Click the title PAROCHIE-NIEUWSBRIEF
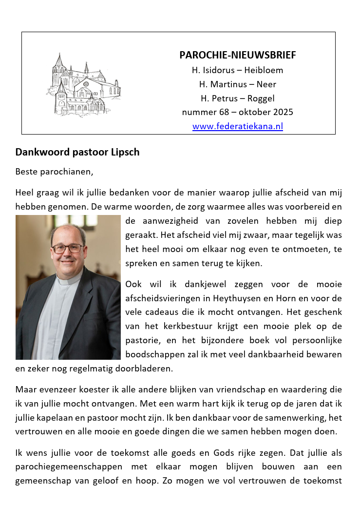(x=237, y=55)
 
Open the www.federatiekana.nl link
(x=237, y=127)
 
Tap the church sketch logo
(x=83, y=84)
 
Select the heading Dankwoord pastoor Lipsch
(x=77, y=152)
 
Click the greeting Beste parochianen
(x=54, y=172)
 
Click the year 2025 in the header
(x=283, y=112)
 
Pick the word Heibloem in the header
(x=265, y=70)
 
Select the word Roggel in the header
(x=261, y=98)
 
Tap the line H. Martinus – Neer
(x=237, y=84)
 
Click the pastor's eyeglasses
(x=67, y=248)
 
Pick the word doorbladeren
(x=144, y=369)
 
